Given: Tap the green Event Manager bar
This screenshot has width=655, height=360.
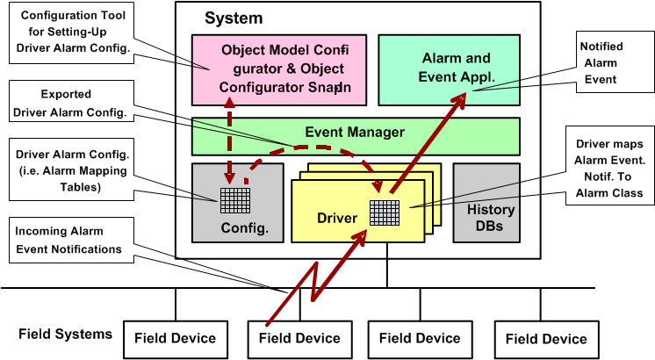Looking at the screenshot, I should pos(354,133).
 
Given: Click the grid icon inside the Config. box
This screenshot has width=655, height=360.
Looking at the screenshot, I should pos(231,201).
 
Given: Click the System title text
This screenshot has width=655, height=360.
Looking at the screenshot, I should pos(234,18).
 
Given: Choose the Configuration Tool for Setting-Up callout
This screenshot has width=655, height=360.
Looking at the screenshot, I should pos(74,32).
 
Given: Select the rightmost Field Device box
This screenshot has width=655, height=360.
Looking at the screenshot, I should pos(541,338).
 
